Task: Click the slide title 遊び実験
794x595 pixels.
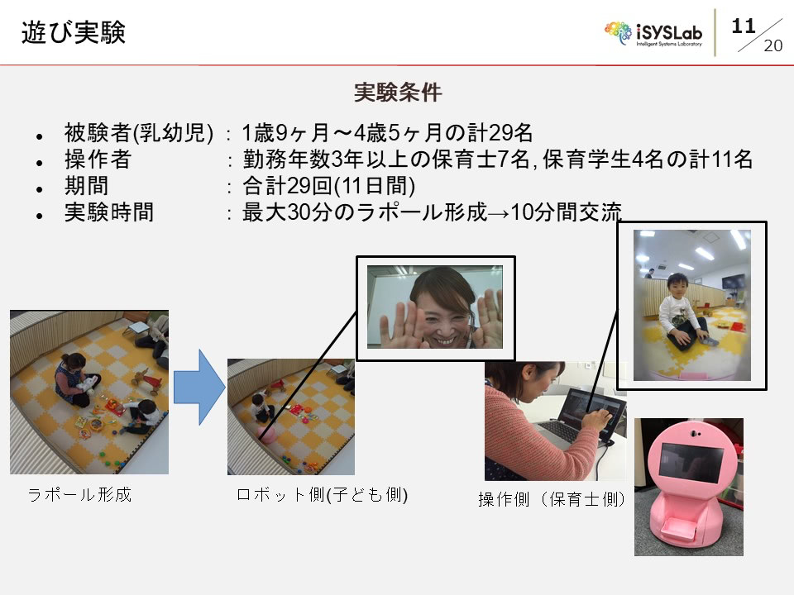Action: point(74,32)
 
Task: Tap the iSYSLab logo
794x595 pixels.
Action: point(653,34)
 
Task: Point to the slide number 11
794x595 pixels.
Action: point(744,26)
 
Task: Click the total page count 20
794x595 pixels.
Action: point(772,45)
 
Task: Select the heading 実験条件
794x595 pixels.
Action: point(398,92)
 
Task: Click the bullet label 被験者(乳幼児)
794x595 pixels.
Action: point(139,132)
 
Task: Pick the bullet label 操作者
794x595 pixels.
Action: point(98,159)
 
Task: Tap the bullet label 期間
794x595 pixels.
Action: point(86,186)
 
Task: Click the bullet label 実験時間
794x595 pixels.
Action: point(109,212)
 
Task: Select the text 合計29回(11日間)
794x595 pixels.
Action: point(328,186)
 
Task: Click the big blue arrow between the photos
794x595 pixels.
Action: point(199,387)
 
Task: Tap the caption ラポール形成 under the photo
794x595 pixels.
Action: point(79,494)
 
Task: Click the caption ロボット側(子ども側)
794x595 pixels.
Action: point(322,494)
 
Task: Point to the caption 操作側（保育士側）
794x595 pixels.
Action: point(552,499)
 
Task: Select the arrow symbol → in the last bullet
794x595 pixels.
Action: point(499,213)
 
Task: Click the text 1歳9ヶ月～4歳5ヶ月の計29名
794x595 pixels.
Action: point(387,133)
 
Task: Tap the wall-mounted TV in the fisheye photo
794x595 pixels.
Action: point(733,281)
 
